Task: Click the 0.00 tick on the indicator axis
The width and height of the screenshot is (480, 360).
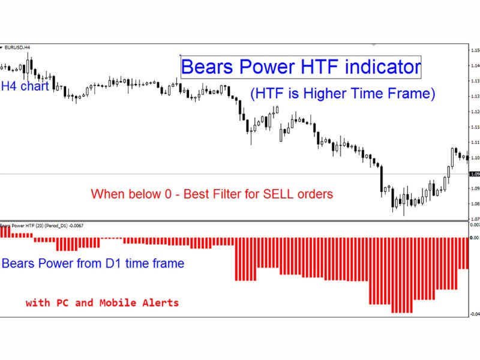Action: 474,238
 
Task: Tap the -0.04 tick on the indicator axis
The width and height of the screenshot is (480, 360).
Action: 474,314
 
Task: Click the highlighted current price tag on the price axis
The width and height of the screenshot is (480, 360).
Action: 474,174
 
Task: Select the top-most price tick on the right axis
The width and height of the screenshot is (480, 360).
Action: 474,50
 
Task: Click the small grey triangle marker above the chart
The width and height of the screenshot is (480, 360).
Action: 373,44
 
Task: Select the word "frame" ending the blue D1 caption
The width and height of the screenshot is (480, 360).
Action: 168,263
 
